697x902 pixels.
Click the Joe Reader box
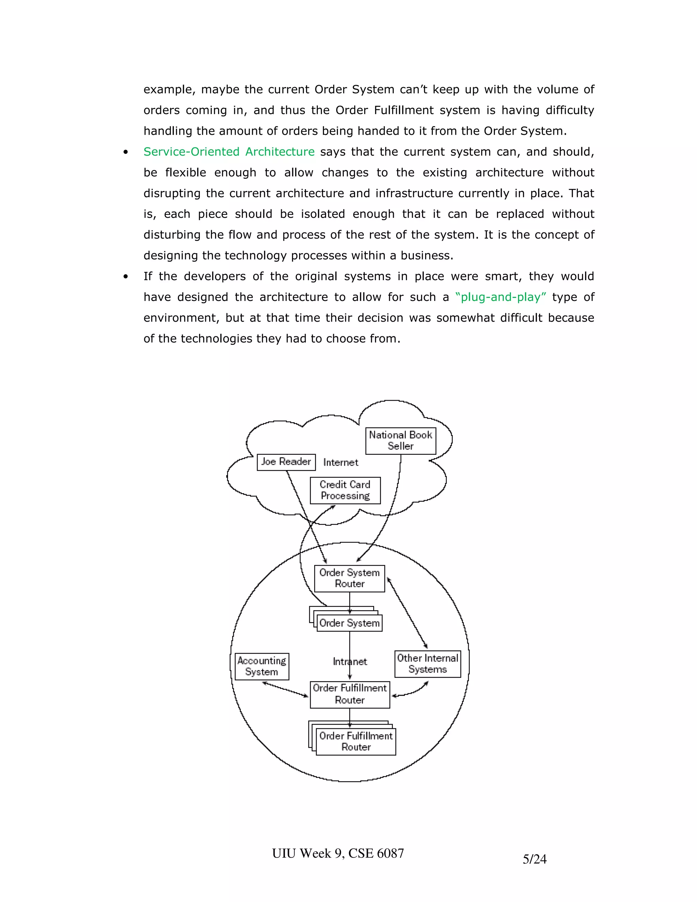[286, 462]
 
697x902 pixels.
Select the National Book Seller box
[401, 441]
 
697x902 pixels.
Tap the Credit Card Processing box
[345, 490]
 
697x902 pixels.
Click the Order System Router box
[349, 578]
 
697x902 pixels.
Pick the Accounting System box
[262, 666]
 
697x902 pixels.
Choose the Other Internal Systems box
[427, 664]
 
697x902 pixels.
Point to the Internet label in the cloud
[341, 463]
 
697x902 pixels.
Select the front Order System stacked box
[349, 623]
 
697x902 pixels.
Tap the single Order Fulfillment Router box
[350, 694]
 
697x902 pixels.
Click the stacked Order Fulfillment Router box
[356, 742]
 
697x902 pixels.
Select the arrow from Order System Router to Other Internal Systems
[407, 613]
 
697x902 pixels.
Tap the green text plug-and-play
[500, 297]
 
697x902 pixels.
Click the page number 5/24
[534, 859]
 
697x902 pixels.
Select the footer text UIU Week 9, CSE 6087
[338, 853]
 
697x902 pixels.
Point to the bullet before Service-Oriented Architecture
[126, 152]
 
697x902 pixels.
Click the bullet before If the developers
[126, 277]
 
